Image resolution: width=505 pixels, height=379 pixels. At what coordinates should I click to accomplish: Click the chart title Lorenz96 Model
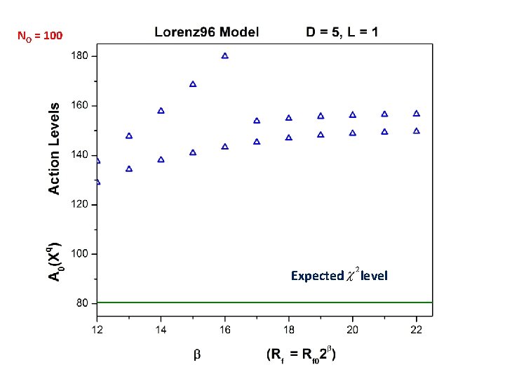pos(206,32)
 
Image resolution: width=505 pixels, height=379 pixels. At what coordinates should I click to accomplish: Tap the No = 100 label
pos(40,34)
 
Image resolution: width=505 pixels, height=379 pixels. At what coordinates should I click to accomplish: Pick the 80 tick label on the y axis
pos(81,303)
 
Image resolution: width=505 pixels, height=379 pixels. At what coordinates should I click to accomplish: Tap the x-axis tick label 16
pos(225,329)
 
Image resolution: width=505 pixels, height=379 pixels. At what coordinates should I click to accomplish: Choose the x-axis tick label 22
pos(417,329)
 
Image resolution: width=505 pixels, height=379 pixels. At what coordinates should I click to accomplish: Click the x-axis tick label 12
pos(97,329)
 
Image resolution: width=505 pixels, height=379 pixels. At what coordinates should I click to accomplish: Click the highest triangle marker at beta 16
pos(225,55)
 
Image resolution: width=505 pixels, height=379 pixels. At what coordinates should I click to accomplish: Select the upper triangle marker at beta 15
pos(193,84)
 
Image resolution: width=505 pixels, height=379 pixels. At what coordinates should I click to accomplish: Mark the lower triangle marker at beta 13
pos(129,168)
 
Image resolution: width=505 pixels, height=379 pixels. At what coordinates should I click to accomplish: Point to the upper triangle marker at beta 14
pos(161,111)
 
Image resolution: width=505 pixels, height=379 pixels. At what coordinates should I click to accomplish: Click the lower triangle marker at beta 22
pos(417,131)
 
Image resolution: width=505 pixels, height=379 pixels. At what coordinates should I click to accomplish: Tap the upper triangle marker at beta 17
pos(257,121)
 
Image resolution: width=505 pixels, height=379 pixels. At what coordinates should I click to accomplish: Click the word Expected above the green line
pos(317,276)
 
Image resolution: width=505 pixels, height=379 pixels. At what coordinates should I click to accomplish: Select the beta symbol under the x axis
pos(196,355)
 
